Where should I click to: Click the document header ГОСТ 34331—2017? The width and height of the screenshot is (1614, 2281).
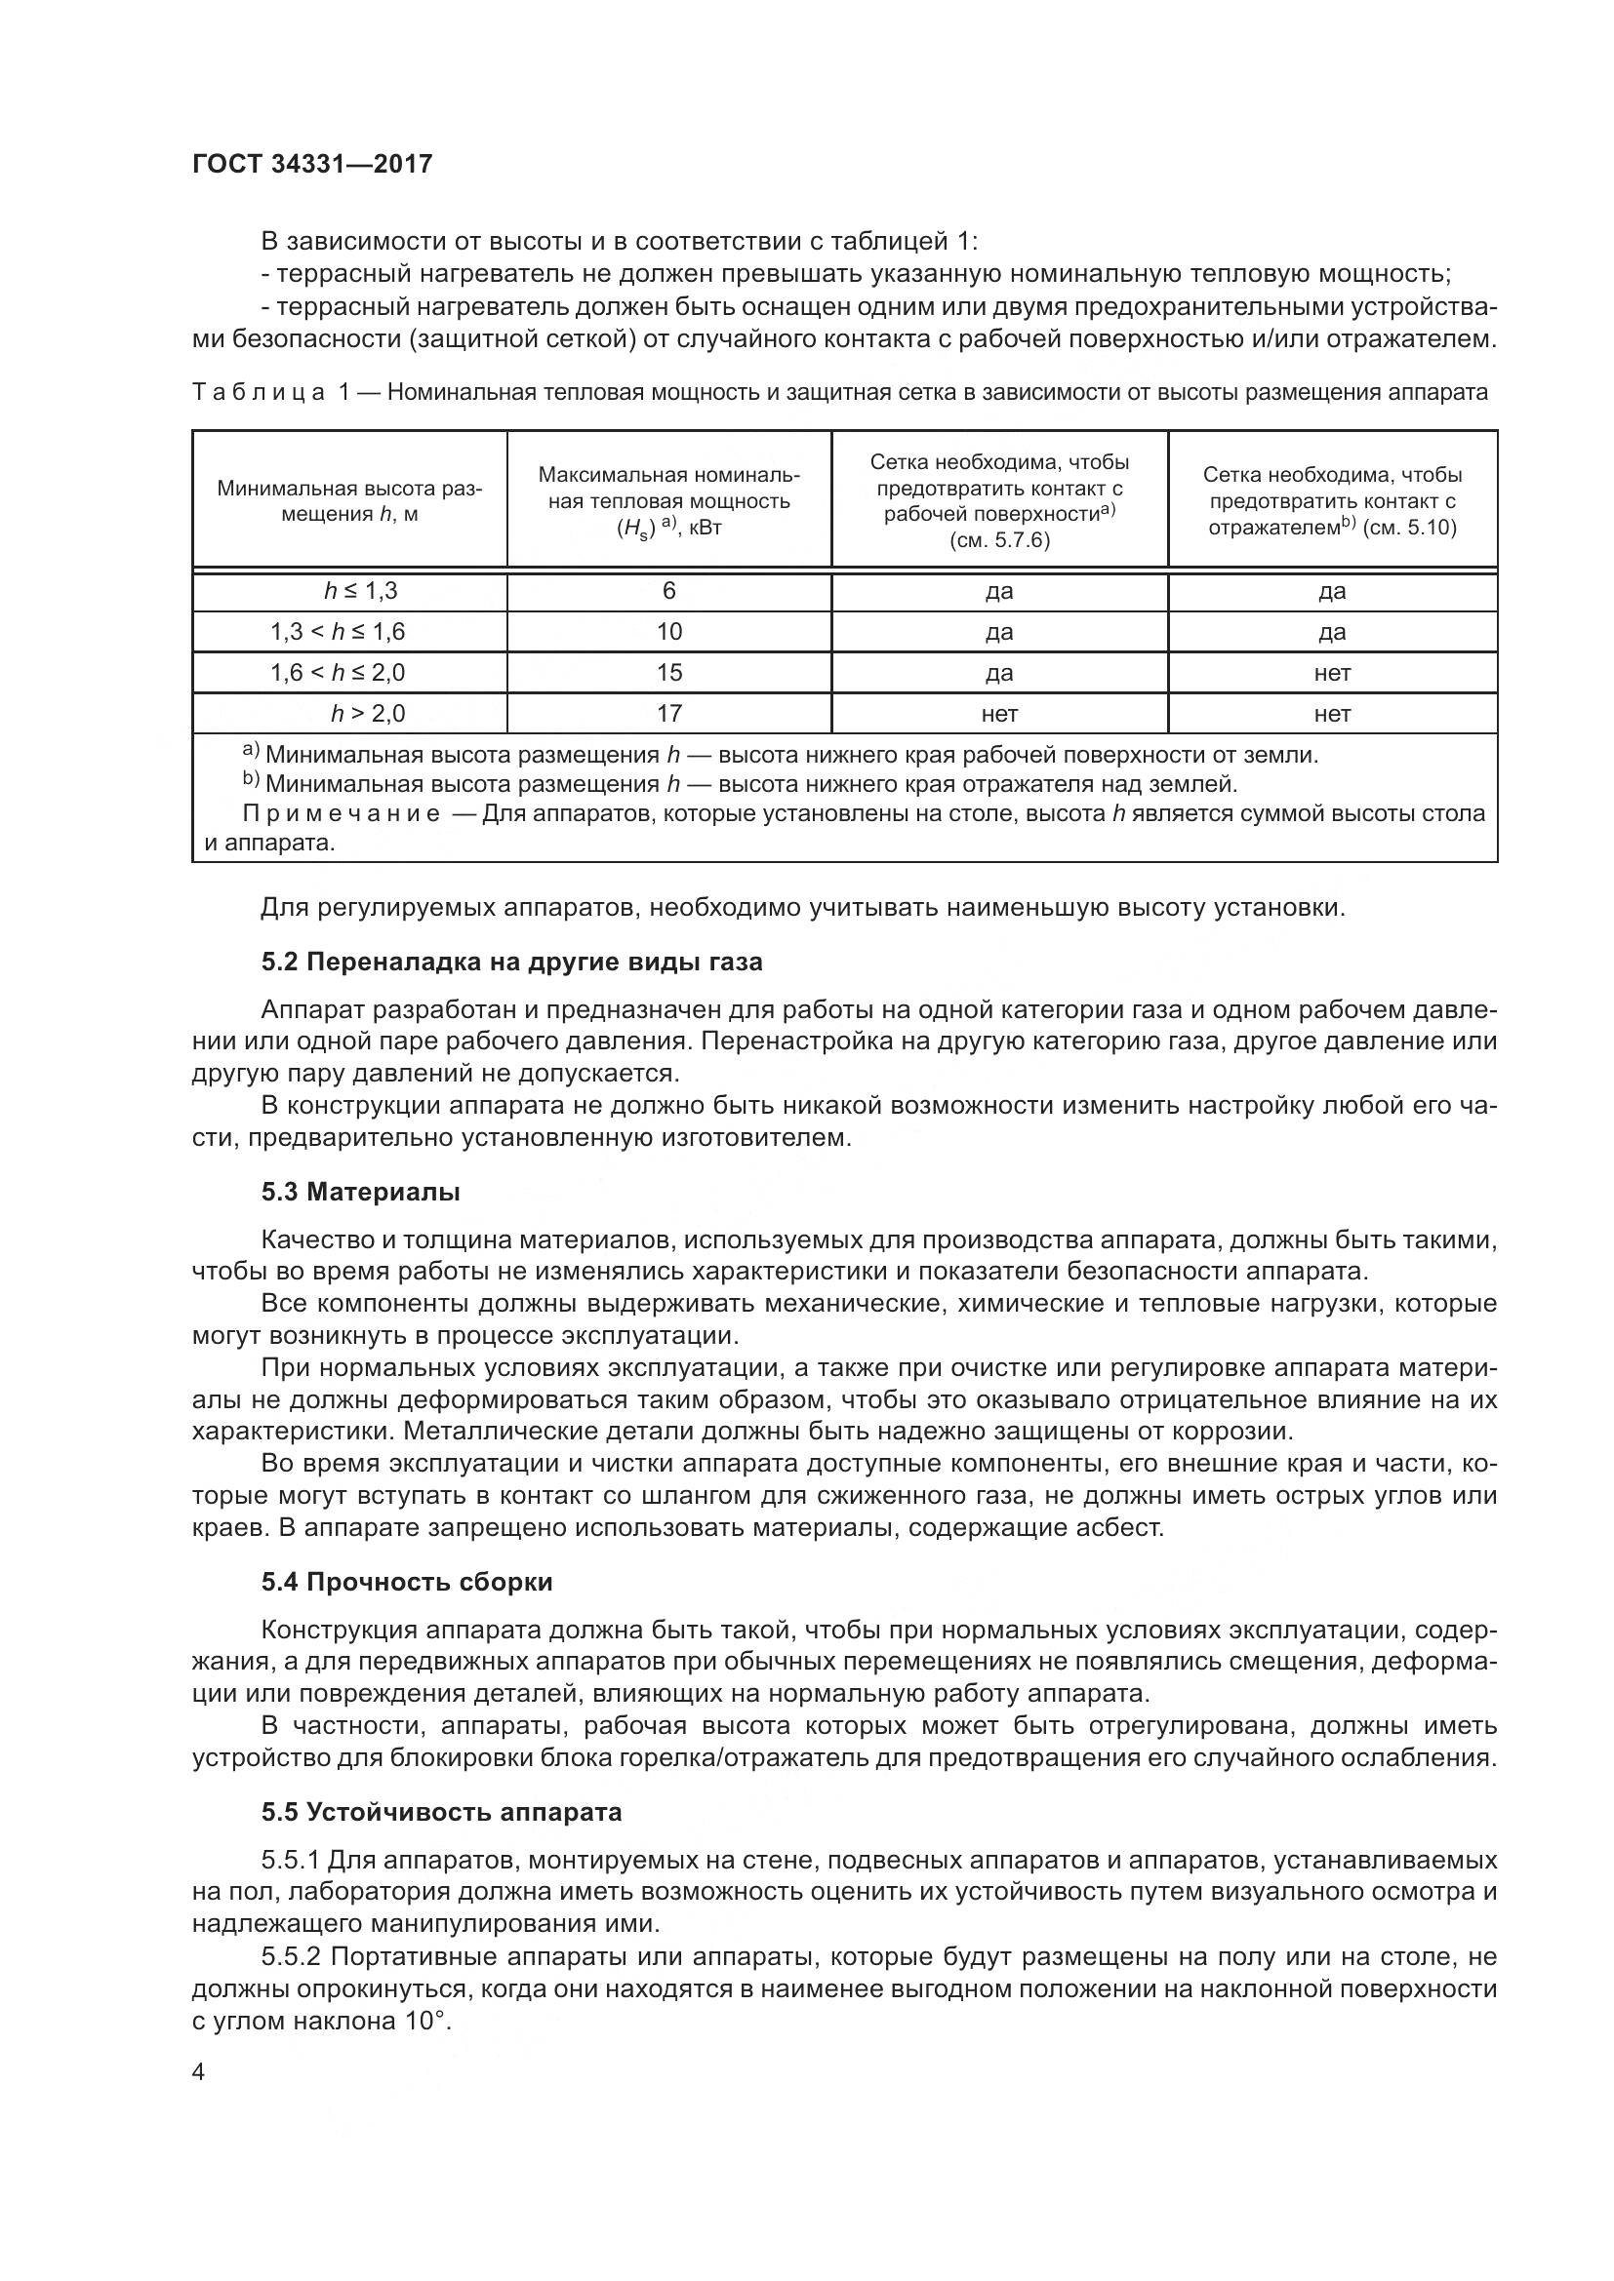tap(312, 164)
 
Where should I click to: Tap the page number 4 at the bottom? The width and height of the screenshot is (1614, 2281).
tap(198, 2071)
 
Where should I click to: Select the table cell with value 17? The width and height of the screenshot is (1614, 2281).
tap(668, 713)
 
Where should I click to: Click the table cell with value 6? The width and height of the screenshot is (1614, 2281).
tap(668, 591)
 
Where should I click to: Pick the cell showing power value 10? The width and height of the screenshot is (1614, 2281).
tap(668, 632)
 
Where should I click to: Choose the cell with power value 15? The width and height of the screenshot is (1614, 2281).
tap(668, 673)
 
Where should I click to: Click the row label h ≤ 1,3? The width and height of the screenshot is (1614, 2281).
tap(361, 591)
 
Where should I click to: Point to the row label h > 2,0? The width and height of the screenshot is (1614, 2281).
tap(368, 713)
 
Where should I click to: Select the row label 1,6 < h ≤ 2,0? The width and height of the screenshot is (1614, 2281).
tap(338, 673)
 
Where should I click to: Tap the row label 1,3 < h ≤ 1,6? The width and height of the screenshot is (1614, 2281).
tap(338, 632)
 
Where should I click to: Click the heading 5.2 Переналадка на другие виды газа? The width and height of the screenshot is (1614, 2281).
tap(512, 962)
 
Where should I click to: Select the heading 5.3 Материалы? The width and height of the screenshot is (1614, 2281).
tap(361, 1191)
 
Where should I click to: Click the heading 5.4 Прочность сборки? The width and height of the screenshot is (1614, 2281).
tap(407, 1582)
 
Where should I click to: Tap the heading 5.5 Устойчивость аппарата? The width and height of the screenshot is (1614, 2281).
tap(441, 1812)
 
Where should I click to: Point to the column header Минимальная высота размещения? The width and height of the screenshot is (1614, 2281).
tap(350, 500)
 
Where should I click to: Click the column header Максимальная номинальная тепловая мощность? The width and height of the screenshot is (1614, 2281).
tap(668, 500)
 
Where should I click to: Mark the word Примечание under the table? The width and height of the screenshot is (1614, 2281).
tap(341, 813)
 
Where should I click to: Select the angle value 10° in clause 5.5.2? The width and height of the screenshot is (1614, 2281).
tap(427, 2021)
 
